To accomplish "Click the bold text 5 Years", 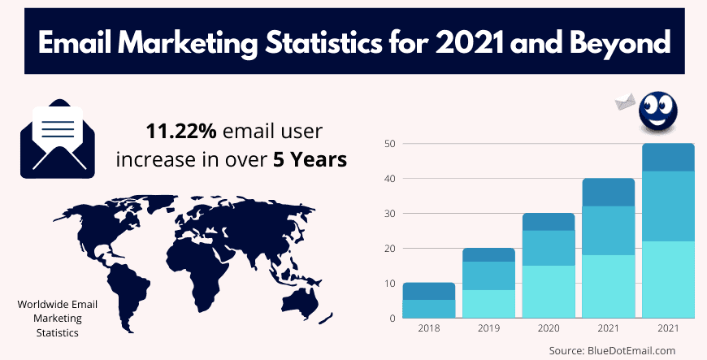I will (x=314, y=158).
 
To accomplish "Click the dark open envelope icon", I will (x=52, y=138).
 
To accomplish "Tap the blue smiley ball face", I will (x=658, y=112).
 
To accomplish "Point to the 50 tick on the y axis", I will (x=390, y=144).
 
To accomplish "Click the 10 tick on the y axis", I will (x=390, y=283).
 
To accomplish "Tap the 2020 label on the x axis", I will (x=548, y=329).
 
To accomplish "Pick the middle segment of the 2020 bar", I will (x=549, y=248).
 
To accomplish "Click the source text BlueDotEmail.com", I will (x=634, y=350).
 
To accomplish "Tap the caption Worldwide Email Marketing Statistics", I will (x=58, y=319).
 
